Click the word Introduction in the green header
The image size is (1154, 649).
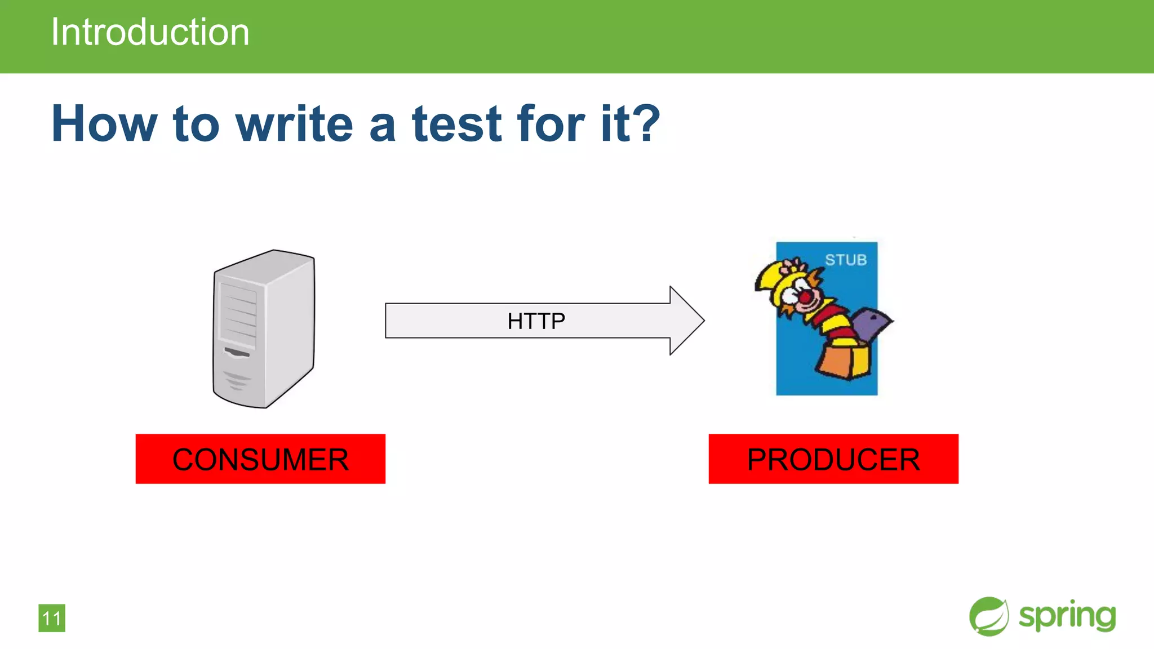[150, 32]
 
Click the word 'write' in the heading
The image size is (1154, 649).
[294, 124]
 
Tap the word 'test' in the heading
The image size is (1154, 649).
[456, 124]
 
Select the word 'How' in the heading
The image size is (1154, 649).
[104, 124]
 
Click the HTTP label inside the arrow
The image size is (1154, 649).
[536, 321]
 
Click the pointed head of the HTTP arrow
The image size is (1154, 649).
[689, 321]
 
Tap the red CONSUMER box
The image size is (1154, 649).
[260, 459]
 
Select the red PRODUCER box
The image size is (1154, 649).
[833, 459]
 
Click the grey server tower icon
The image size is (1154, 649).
[264, 329]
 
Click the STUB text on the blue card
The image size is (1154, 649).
[846, 260]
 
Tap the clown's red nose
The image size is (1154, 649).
[806, 297]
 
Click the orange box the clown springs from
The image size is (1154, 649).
[845, 361]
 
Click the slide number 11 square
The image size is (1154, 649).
[52, 618]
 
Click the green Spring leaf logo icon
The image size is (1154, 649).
[989, 616]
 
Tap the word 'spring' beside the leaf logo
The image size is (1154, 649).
[1067, 616]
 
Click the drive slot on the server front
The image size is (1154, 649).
[237, 353]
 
